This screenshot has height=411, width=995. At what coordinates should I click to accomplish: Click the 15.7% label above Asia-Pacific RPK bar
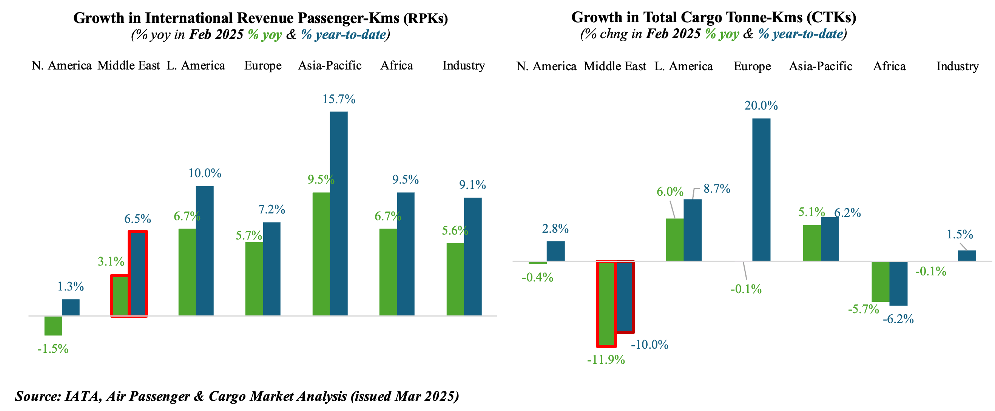(x=339, y=99)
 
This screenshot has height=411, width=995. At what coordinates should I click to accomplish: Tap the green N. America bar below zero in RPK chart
(x=53, y=326)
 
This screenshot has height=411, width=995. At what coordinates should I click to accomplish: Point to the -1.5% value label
(x=53, y=349)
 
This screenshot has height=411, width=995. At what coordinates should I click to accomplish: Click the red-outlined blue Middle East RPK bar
(x=138, y=273)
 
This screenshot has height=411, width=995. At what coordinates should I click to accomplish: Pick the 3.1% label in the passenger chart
(x=111, y=262)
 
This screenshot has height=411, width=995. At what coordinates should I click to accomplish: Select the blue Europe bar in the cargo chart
(x=761, y=189)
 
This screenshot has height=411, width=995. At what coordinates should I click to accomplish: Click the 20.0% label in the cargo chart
(x=761, y=105)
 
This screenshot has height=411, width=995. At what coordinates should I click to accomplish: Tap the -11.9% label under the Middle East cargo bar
(x=606, y=360)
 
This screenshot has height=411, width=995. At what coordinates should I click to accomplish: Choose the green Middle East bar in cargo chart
(x=606, y=304)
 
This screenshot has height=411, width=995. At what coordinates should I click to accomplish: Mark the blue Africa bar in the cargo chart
(x=898, y=283)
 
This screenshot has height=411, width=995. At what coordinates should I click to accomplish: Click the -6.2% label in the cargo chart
(x=898, y=320)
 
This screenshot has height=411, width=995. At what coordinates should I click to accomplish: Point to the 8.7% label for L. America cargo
(x=716, y=189)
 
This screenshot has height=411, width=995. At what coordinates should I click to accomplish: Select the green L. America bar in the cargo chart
(x=675, y=239)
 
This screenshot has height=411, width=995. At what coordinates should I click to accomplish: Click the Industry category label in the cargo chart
(x=958, y=66)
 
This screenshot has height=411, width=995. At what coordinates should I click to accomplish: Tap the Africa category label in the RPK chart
(x=397, y=66)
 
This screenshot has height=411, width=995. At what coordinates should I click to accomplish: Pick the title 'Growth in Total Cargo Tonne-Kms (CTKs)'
(x=713, y=17)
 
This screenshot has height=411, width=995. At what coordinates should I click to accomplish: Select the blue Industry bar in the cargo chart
(x=967, y=255)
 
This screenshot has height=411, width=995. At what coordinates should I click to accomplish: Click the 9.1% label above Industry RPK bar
(x=472, y=185)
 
